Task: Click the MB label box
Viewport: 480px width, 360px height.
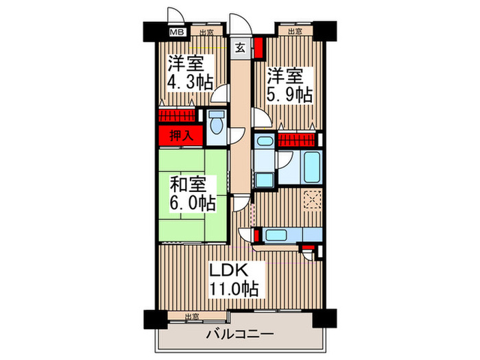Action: click(176, 32)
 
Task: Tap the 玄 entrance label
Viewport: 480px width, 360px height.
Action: click(241, 47)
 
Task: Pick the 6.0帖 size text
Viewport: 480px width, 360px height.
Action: click(193, 203)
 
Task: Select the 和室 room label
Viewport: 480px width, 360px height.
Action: click(187, 184)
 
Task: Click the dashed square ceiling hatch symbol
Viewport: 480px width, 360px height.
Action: click(312, 199)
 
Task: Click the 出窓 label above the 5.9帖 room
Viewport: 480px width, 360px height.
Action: click(295, 32)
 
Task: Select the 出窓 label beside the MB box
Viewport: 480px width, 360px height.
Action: click(206, 32)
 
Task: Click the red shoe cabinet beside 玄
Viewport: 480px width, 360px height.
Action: click(259, 49)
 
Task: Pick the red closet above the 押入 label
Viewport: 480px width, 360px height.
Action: click(178, 116)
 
